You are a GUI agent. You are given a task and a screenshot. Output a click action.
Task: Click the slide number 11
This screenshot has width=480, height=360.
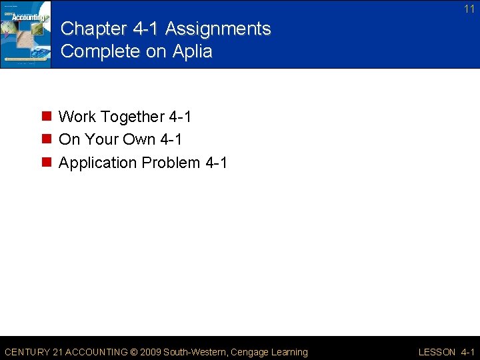(469, 9)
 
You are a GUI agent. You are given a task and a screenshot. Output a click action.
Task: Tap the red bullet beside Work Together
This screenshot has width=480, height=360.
(47, 117)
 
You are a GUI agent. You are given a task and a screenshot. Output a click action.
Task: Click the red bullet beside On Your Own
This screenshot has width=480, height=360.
(47, 140)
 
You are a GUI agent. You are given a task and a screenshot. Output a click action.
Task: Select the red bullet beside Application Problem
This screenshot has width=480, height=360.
(47, 163)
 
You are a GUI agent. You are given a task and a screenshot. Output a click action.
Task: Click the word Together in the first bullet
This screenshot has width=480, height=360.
(131, 117)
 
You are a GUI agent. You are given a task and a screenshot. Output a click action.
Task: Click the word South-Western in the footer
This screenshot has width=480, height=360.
(196, 352)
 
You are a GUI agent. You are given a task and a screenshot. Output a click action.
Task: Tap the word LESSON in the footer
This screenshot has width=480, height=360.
(437, 352)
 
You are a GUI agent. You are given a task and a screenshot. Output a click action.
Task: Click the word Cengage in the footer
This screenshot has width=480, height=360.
(250, 352)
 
